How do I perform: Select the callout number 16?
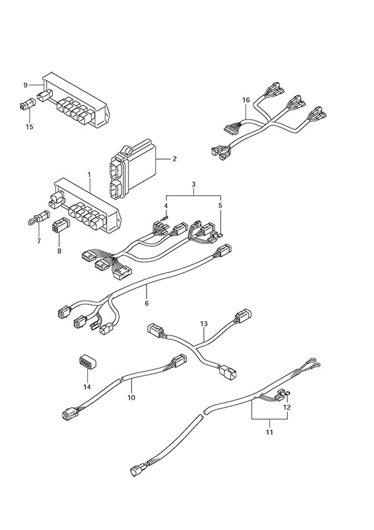(246, 99)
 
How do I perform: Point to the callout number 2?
(175, 158)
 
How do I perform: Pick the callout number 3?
(194, 184)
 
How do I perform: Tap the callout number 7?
(39, 241)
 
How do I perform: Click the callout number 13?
(203, 324)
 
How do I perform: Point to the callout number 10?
(132, 397)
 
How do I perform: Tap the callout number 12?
(287, 407)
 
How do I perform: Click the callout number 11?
(269, 430)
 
